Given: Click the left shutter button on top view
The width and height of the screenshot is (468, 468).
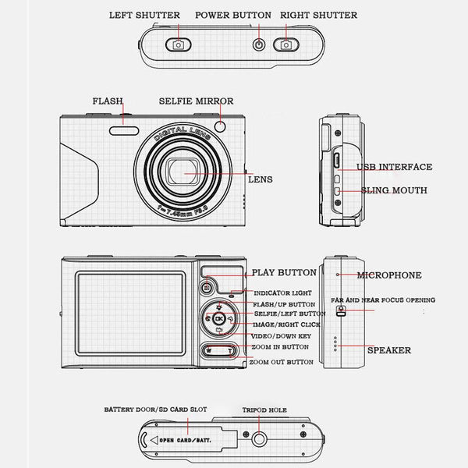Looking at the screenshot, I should coord(179,44).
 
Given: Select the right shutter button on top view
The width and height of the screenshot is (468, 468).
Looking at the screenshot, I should coord(286,44).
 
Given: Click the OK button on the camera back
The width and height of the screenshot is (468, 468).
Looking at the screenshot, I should coord(218,319).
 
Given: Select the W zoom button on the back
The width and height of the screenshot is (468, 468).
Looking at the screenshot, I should coord(209,350).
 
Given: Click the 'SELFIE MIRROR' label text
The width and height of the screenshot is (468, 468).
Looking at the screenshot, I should coord(196,101).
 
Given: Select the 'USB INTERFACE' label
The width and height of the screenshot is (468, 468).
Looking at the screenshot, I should coord(394,167).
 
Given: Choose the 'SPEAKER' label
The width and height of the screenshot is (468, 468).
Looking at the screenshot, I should coord(388,350).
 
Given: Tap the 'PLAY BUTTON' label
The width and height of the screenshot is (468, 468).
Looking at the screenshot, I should coord(284,273).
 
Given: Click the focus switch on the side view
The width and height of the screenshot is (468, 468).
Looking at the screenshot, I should coord(340,310).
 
